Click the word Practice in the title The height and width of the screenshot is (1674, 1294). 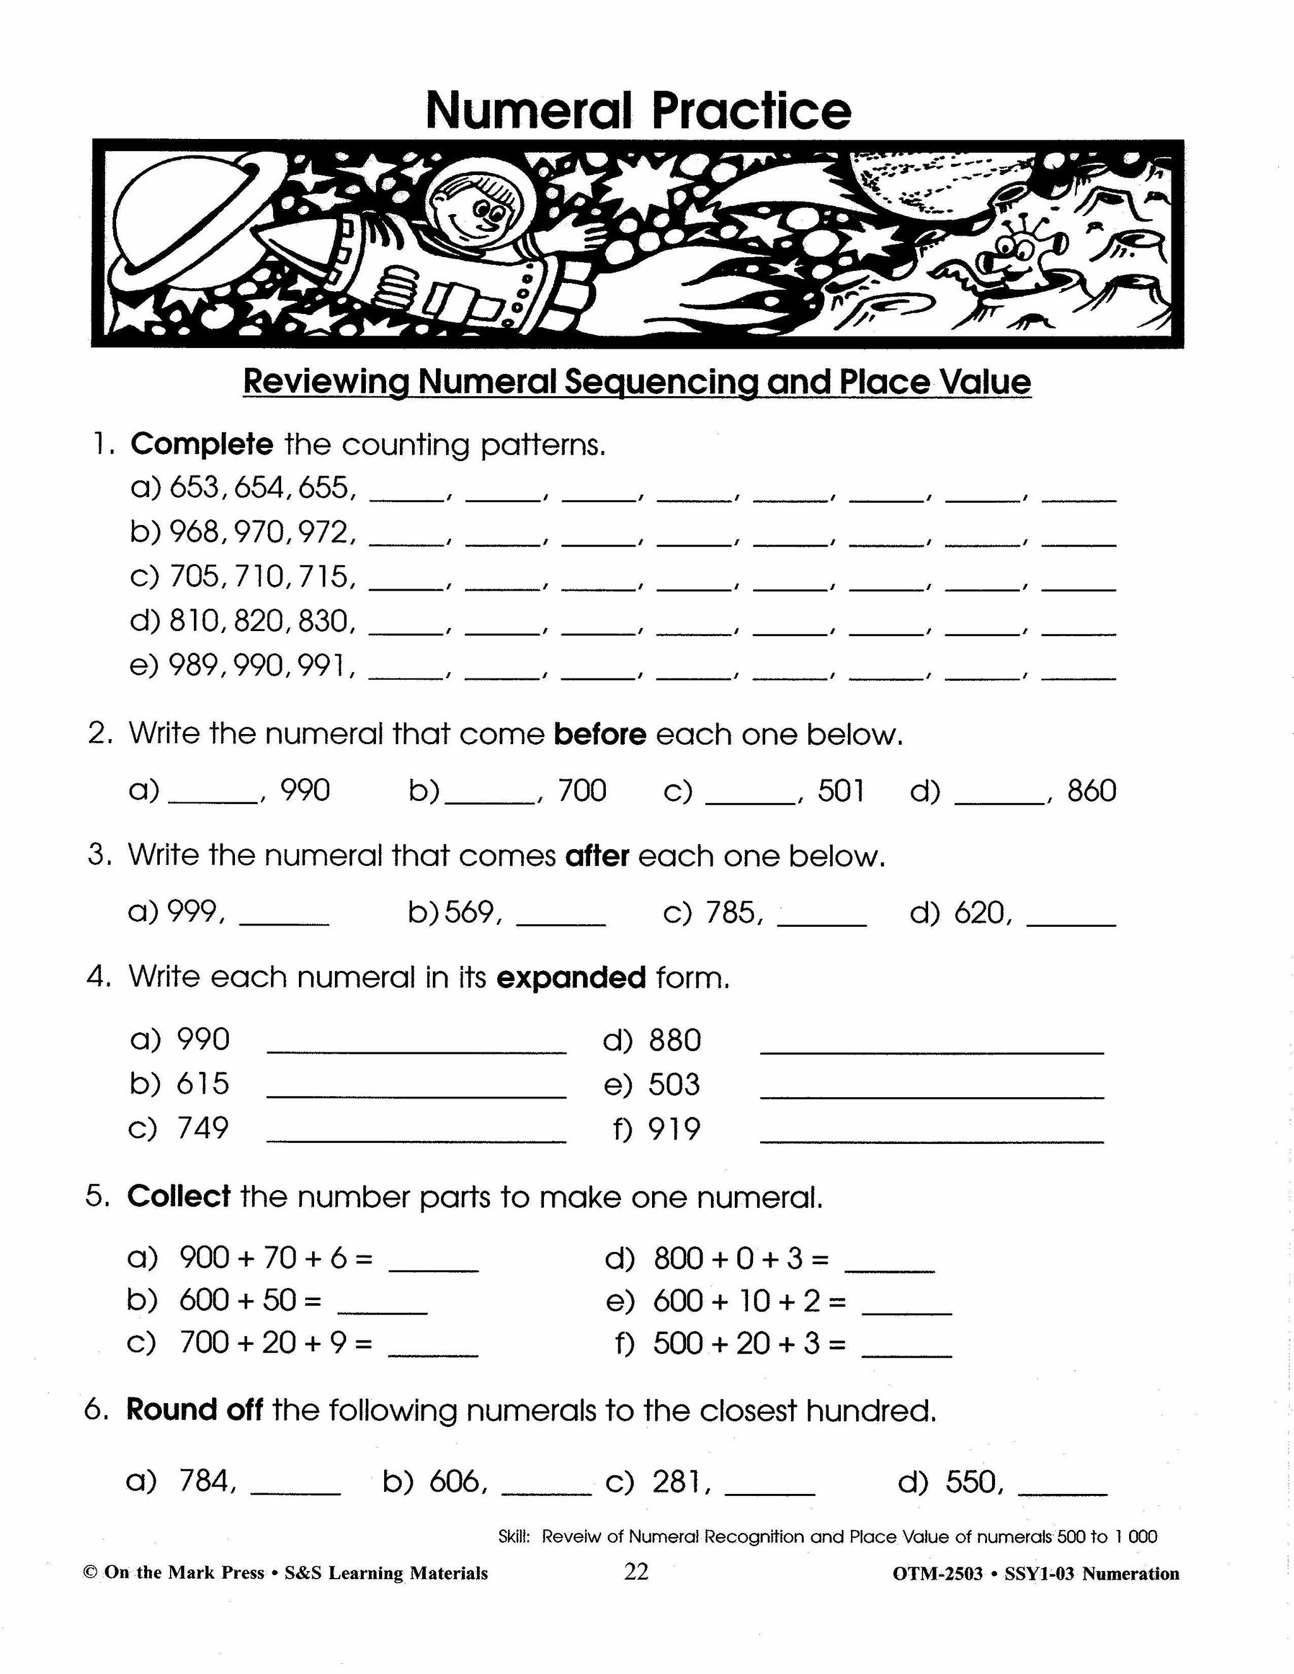click(x=751, y=111)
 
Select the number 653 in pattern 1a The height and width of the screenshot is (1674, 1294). click(x=195, y=488)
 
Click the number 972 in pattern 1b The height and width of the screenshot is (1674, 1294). click(x=324, y=532)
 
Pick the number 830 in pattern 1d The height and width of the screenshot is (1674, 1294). click(x=324, y=621)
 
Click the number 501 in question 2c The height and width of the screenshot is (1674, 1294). click(x=841, y=791)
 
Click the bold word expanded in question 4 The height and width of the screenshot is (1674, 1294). click(x=571, y=977)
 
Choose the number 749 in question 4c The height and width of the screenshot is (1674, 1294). click(x=203, y=1128)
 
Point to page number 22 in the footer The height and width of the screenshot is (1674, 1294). click(x=636, y=1572)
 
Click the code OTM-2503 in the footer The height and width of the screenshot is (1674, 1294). click(x=938, y=1574)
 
